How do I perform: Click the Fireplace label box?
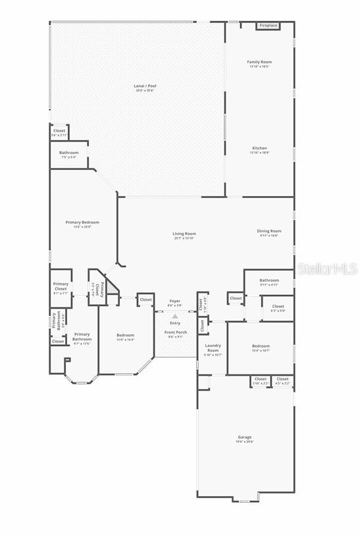pyautogui.click(x=268, y=26)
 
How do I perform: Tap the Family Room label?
pyautogui.click(x=259, y=64)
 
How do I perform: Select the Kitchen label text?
pyautogui.click(x=259, y=150)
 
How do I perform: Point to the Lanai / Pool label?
pyautogui.click(x=145, y=88)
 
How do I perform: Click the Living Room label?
pyautogui.click(x=184, y=236)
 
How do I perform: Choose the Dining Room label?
pyautogui.click(x=269, y=233)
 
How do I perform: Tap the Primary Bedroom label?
pyautogui.click(x=82, y=224)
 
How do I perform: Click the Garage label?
pyautogui.click(x=245, y=439)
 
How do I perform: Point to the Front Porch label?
pyautogui.click(x=175, y=334)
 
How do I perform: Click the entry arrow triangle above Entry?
pyautogui.click(x=175, y=317)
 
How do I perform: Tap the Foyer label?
pyautogui.click(x=174, y=303)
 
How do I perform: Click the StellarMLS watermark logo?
pyautogui.click(x=326, y=268)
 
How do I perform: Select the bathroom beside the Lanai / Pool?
pyautogui.click(x=69, y=155)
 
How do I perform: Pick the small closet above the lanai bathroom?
pyautogui.click(x=59, y=132)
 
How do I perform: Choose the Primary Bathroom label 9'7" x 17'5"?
pyautogui.click(x=82, y=338)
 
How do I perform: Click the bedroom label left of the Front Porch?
pyautogui.click(x=125, y=337)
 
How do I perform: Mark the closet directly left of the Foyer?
pyautogui.click(x=145, y=300)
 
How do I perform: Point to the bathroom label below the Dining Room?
pyautogui.click(x=269, y=282)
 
